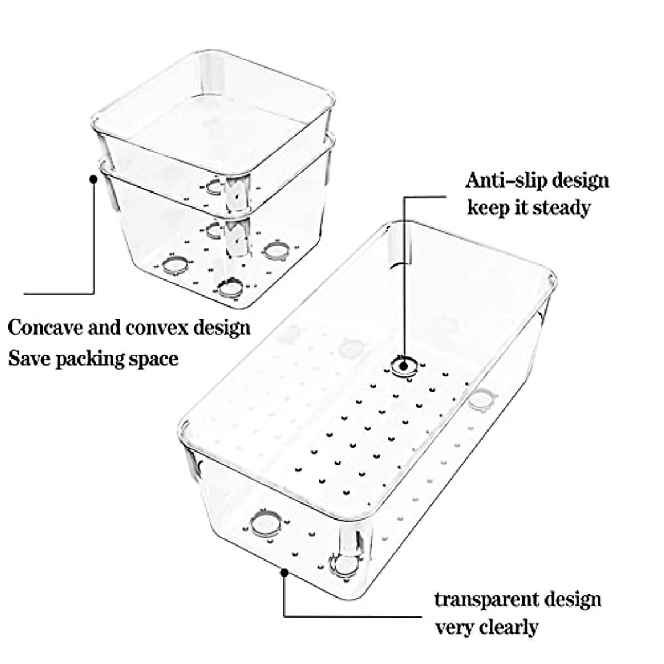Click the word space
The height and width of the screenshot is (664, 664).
pyautogui.click(x=154, y=359)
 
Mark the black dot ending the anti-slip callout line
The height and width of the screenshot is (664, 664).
pyautogui.click(x=403, y=365)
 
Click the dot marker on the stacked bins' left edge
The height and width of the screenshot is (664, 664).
pyautogui.click(x=93, y=179)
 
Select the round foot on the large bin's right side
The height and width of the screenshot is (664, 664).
pyautogui.click(x=479, y=400)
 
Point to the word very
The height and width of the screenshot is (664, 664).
pyautogui.click(x=451, y=628)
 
